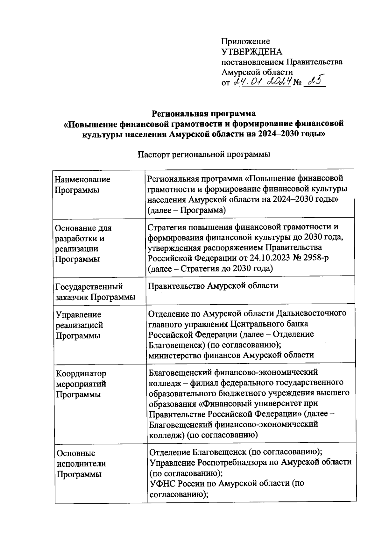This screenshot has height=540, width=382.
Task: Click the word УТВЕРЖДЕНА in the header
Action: click(x=252, y=52)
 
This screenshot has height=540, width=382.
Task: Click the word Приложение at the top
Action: click(x=245, y=41)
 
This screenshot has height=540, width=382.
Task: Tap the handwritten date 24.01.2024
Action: click(x=262, y=83)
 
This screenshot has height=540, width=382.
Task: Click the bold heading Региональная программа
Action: click(x=204, y=113)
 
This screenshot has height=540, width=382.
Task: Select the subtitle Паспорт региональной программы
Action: click(x=204, y=155)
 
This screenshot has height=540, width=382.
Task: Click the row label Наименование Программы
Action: click(x=82, y=185)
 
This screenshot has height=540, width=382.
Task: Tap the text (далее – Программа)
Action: click(x=187, y=210)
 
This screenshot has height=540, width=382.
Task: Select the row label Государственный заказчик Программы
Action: click(x=95, y=292)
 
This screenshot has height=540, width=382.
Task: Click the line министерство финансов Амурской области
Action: click(x=231, y=355)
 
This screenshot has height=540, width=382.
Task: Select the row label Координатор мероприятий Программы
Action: click(x=81, y=384)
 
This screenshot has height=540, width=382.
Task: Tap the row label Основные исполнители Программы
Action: click(x=81, y=464)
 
